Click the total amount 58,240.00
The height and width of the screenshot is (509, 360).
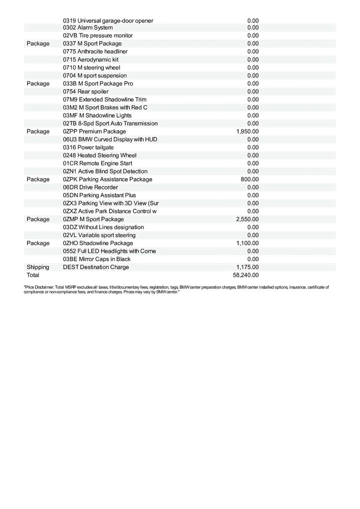[246, 275]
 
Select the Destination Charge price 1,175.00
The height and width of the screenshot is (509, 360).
[247, 267]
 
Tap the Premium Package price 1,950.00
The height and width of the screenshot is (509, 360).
[247, 131]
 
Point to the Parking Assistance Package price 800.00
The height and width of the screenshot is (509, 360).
[250, 179]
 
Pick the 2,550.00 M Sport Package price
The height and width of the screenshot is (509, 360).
[247, 219]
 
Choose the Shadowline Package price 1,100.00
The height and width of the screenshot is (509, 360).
[247, 243]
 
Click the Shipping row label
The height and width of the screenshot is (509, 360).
[38, 267]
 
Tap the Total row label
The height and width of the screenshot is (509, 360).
[33, 275]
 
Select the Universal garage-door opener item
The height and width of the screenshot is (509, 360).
[108, 21]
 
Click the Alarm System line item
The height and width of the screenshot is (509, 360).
[88, 28]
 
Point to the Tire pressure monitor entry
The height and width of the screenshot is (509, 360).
[98, 36]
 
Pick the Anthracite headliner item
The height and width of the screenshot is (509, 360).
[95, 51]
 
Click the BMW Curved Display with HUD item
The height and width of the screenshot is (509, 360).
[110, 140]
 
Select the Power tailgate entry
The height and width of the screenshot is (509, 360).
[88, 147]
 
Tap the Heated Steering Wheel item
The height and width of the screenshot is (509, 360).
[100, 155]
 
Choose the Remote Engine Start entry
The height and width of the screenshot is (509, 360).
[97, 163]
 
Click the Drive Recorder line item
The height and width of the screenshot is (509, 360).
[90, 187]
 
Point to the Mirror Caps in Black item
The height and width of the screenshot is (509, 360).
[97, 259]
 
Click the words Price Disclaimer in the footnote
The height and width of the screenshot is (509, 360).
[36, 288]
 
